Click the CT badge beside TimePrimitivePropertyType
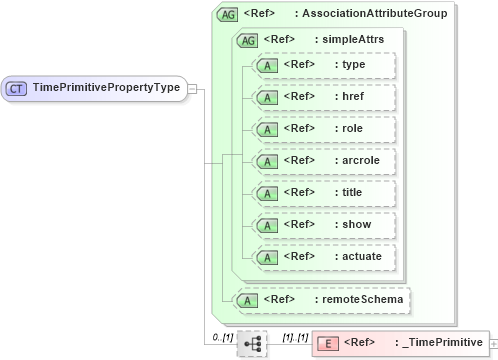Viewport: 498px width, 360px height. click(17, 88)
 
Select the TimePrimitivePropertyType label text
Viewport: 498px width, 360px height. click(106, 88)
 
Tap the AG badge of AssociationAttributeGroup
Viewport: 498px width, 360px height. click(227, 14)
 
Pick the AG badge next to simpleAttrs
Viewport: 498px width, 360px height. click(246, 40)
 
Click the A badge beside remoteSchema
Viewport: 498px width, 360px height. click(242, 299)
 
